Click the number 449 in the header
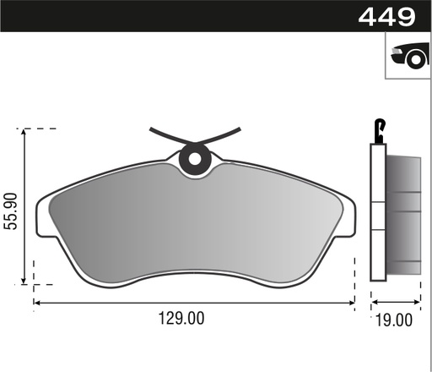[388, 16]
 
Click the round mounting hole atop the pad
[195, 157]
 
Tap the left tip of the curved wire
[151, 129]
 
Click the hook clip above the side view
[381, 129]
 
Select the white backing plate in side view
[377, 211]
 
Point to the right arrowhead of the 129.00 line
[354, 302]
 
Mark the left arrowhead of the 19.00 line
[374, 302]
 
